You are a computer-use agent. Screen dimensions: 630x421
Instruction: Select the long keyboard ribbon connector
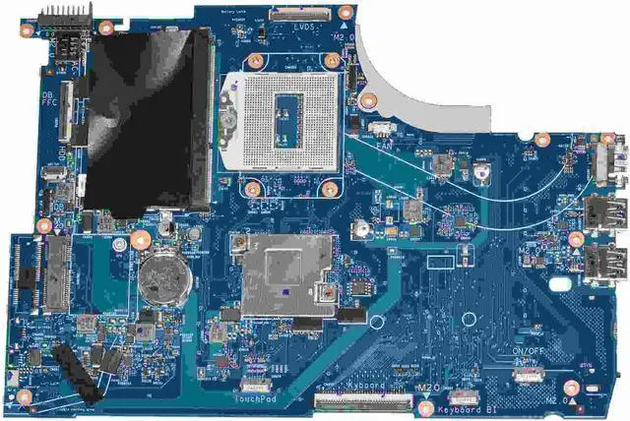pyautogui.click(x=362, y=400)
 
